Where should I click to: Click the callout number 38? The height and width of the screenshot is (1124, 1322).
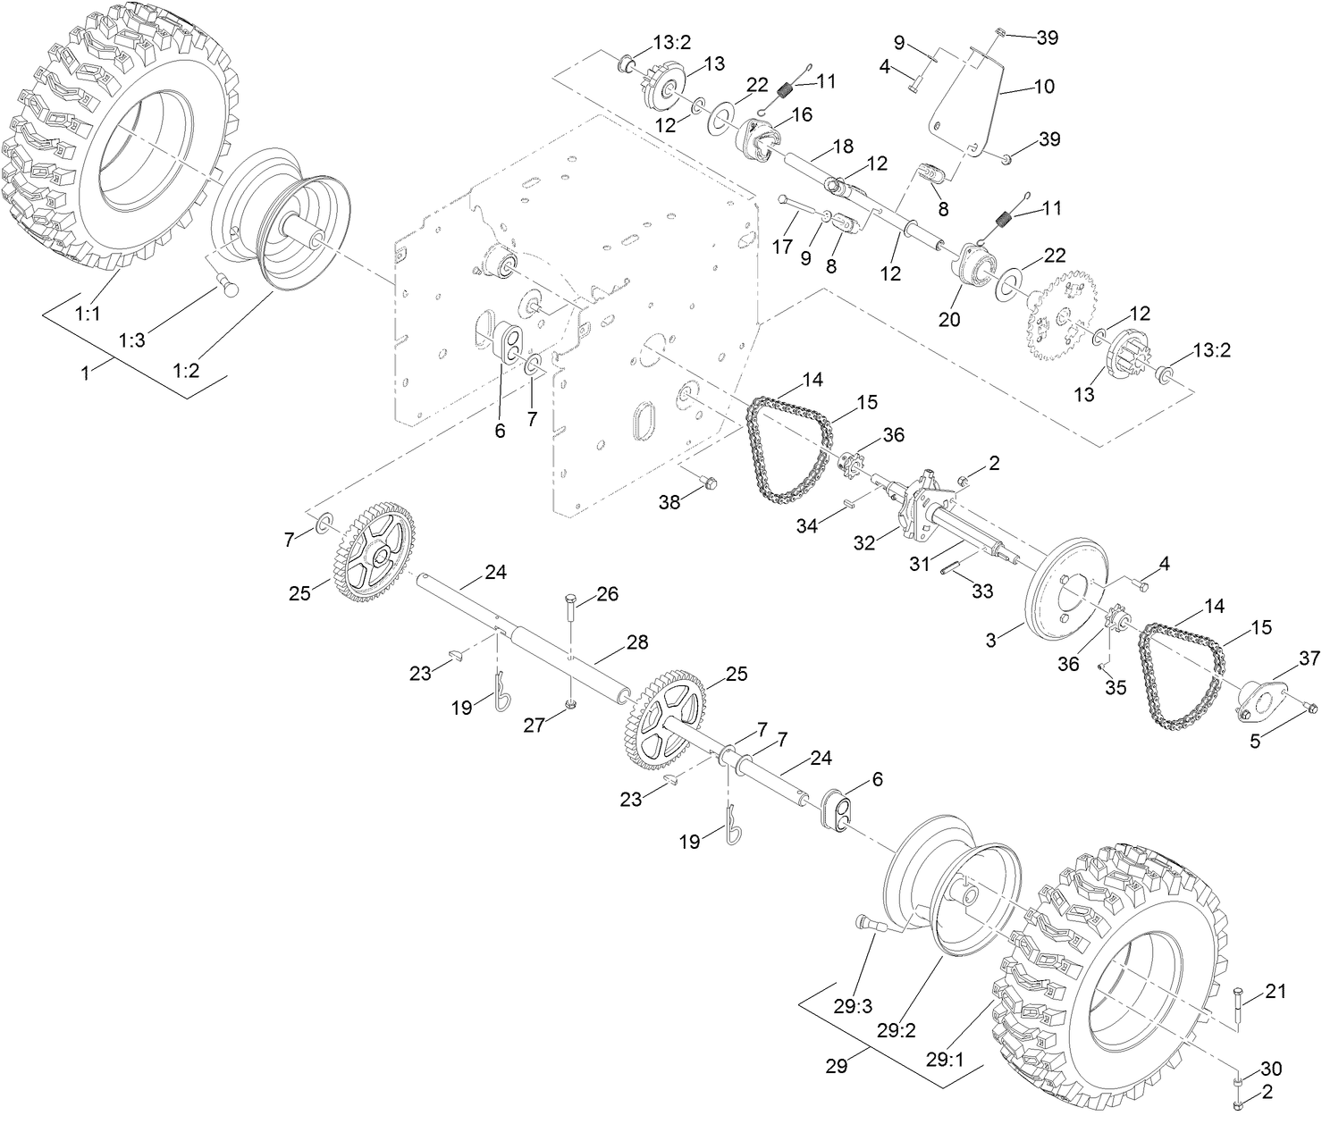pos(669,502)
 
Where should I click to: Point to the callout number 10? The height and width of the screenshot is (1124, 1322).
pos(1044,87)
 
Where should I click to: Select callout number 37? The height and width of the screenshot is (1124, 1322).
pos(1309,658)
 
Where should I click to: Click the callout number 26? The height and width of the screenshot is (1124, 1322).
pos(607,594)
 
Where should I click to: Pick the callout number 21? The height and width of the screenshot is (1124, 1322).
pos(1276,990)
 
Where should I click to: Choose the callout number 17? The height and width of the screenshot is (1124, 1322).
pos(783,246)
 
